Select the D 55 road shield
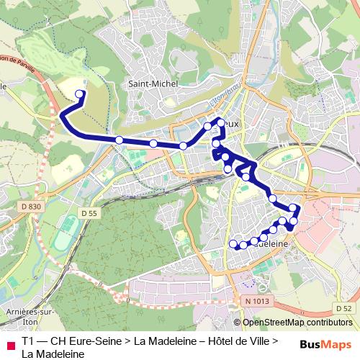tap(89, 213)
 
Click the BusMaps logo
tap(325, 343)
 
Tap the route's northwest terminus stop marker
tap(80, 94)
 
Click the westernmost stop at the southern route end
tap(233, 245)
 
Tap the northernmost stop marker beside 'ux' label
tap(221, 122)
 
